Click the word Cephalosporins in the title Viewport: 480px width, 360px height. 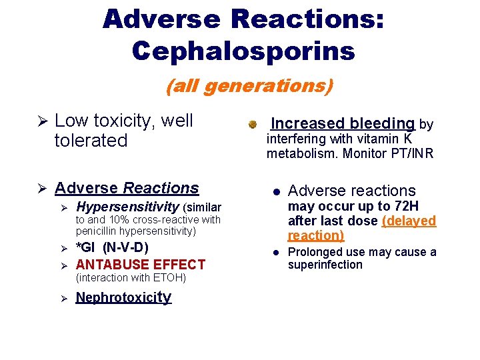(x=243, y=51)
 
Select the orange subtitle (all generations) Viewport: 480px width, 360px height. (x=249, y=86)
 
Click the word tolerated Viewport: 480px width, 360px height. (x=91, y=141)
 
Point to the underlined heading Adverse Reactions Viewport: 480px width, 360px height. (x=127, y=189)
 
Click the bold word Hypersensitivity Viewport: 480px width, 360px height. (x=127, y=207)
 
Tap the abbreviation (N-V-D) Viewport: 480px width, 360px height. (x=125, y=248)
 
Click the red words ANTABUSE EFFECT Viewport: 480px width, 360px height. (x=141, y=265)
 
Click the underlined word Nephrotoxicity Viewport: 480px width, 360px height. (x=123, y=297)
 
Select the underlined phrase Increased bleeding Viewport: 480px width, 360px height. (x=343, y=123)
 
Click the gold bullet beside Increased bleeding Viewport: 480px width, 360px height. (x=253, y=125)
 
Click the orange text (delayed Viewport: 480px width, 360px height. (x=409, y=221)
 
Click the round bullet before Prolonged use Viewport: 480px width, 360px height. (x=275, y=253)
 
